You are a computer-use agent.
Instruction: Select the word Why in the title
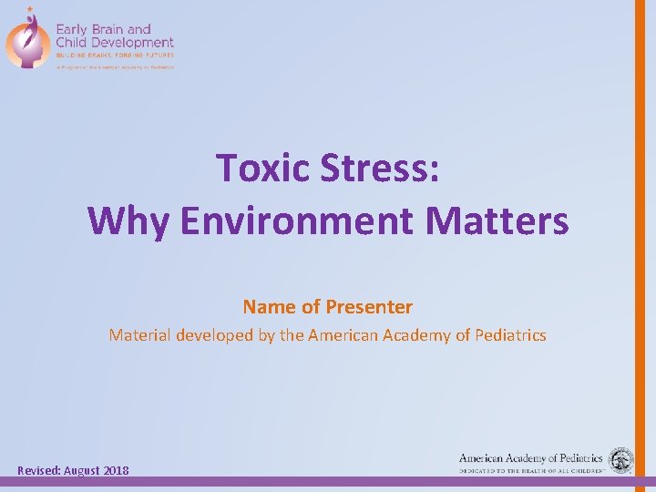[129, 220]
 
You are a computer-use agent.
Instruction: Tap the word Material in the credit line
[141, 335]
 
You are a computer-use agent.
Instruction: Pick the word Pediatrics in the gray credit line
[507, 335]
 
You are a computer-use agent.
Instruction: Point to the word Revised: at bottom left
[40, 470]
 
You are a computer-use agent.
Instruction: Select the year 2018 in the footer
[116, 470]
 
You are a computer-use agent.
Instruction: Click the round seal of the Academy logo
[621, 460]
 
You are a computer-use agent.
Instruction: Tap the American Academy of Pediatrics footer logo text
[531, 458]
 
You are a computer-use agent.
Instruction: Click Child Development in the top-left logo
[115, 42]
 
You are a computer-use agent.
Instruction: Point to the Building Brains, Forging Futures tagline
[113, 55]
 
